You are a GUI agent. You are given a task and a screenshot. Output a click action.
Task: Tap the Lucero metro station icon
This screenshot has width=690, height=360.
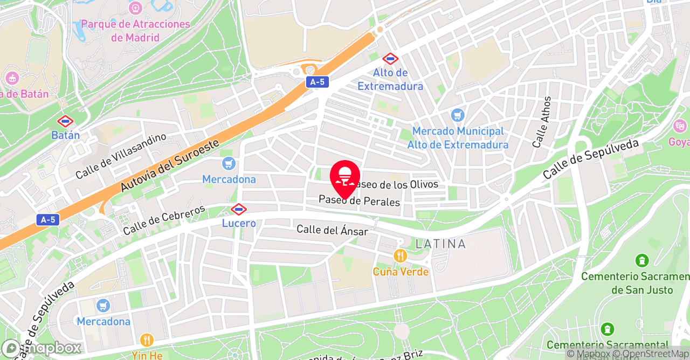coord(239,209)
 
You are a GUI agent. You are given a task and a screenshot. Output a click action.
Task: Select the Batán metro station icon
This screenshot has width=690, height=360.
coord(65,121)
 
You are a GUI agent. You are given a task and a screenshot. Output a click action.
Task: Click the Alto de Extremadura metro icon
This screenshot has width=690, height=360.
coord(390,58)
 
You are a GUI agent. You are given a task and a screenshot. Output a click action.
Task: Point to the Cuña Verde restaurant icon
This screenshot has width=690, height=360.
coord(400,256)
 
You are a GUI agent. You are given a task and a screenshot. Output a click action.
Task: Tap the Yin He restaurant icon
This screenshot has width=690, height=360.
coord(147,340)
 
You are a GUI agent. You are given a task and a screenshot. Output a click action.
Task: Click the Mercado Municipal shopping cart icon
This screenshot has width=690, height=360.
coord(458,115)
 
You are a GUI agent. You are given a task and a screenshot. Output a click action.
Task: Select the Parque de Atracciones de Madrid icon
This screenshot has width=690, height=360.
coord(135,8)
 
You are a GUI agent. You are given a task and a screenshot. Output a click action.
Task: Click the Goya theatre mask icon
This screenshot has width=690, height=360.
coord(680,127)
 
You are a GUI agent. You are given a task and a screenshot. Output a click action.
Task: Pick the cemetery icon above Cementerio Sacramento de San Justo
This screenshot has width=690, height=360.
coord(641,261)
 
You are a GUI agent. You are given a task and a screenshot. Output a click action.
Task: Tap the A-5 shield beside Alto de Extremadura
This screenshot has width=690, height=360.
coord(317,82)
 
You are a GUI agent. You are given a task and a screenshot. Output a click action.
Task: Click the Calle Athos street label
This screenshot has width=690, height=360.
coord(542,122)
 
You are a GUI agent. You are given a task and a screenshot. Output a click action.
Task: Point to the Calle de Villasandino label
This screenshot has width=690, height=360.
coord(121,156)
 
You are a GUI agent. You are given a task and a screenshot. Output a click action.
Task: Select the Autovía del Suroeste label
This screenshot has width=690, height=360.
coord(170,165)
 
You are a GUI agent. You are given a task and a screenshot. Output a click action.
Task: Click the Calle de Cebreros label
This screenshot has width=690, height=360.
coord(164,219)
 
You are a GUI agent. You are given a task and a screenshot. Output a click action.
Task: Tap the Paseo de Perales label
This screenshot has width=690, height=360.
coord(359,201)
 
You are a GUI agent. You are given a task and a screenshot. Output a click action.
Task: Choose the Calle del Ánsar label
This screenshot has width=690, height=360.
coord(332,230)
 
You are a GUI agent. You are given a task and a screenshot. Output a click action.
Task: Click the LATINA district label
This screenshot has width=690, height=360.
coord(440,244)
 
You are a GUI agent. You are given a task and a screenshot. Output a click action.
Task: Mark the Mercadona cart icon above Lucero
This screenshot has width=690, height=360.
coord(229,163)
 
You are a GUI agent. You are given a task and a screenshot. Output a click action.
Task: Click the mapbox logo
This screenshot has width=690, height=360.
coord(42,348)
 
